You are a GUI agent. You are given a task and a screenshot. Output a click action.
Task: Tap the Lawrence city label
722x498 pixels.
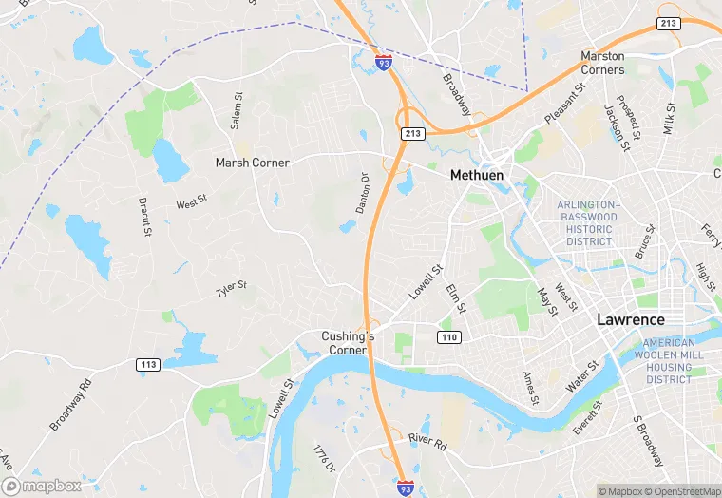(x=630, y=319)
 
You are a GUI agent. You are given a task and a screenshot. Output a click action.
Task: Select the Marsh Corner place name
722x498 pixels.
(x=252, y=163)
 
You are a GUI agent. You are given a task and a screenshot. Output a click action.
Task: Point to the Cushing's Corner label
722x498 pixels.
(x=349, y=343)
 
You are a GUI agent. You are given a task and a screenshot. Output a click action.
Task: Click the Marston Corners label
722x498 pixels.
(x=603, y=63)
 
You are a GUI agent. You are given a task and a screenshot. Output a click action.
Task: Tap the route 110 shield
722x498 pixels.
(x=448, y=337)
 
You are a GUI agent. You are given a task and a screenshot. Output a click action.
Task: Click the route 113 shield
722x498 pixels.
(x=147, y=364)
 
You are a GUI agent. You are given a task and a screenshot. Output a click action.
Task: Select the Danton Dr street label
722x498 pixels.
(x=363, y=192)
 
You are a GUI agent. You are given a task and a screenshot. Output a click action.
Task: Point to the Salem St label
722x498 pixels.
(x=237, y=110)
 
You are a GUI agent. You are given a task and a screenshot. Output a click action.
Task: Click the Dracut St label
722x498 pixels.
(x=145, y=218)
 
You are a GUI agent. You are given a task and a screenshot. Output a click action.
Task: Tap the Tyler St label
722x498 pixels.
(x=231, y=286)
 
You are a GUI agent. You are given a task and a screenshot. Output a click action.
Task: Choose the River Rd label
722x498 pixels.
(x=427, y=438)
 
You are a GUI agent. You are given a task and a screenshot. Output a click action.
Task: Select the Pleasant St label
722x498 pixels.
(x=561, y=105)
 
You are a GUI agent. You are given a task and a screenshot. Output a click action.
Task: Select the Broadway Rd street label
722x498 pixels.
(x=70, y=403)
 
